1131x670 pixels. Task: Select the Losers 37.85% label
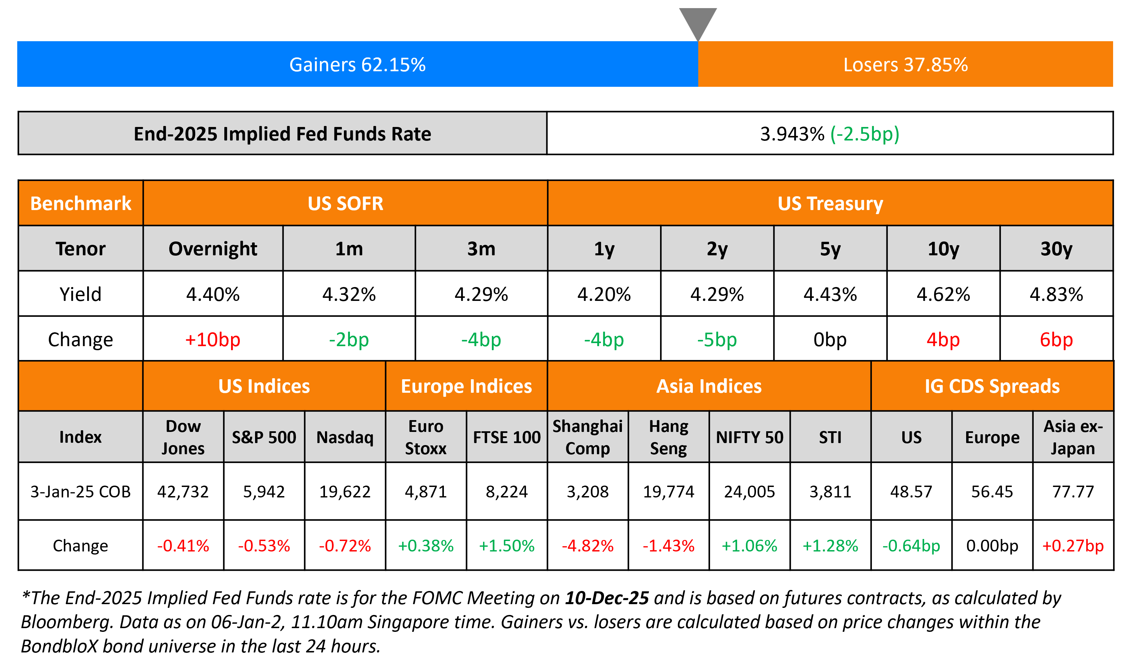[905, 65]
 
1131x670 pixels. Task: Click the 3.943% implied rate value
[792, 134]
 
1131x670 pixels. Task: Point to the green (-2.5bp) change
[864, 134]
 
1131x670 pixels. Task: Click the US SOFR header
[345, 204]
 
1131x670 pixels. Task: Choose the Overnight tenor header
[213, 249]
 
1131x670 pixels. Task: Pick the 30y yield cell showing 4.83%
[1056, 294]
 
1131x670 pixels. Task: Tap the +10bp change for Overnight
[213, 339]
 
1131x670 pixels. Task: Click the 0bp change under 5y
[830, 339]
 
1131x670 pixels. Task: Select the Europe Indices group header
[467, 386]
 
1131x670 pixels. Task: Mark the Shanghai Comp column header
[587, 437]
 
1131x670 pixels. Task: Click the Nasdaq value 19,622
[345, 492]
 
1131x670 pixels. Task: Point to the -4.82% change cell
[587, 546]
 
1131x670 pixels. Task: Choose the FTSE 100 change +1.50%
[507, 546]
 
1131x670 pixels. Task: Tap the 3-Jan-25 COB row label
[80, 492]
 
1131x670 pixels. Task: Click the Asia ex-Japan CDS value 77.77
[1073, 492]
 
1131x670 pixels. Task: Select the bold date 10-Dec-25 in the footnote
[607, 598]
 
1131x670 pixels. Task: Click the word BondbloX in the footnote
[59, 646]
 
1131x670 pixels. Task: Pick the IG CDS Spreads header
[992, 386]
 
